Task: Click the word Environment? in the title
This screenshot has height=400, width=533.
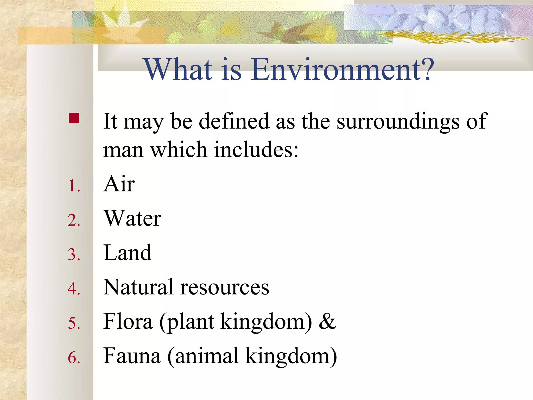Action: click(x=342, y=70)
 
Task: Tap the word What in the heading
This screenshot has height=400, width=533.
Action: click(x=179, y=70)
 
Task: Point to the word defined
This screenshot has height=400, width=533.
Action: click(x=234, y=121)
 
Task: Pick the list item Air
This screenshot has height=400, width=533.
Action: click(x=119, y=184)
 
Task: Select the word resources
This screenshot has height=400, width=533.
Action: click(x=225, y=287)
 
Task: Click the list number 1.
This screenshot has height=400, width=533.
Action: click(x=74, y=186)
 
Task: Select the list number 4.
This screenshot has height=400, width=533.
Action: click(x=74, y=289)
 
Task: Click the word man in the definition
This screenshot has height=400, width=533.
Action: click(x=123, y=150)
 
